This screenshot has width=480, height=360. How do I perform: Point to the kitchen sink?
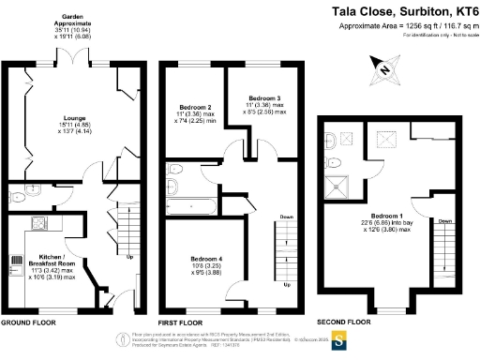coord(38,223)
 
